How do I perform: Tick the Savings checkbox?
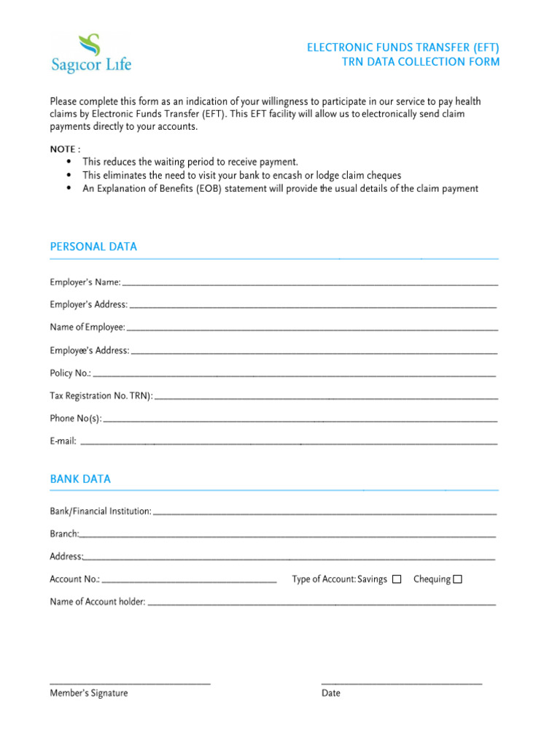397,580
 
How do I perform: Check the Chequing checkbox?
458,580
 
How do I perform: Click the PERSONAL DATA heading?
93,247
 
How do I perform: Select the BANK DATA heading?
80,479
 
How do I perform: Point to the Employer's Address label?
88,305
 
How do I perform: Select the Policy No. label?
70,373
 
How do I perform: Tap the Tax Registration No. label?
101,396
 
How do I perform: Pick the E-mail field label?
63,441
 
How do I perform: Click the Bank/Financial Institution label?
101,511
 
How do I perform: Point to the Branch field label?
64,534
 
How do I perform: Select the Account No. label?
74,580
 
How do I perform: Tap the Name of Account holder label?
98,603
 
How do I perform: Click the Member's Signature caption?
88,693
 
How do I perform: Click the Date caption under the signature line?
331,693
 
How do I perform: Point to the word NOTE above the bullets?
63,149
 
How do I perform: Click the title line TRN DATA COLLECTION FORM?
421,62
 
